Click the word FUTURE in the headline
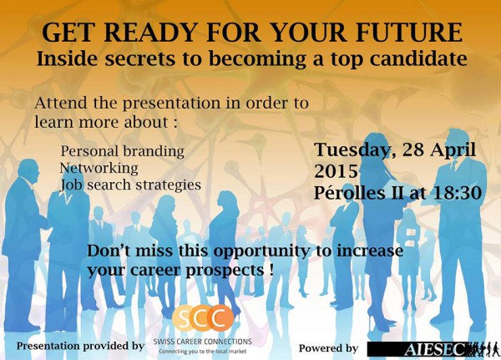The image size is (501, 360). (409, 33)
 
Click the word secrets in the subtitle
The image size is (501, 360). (140, 58)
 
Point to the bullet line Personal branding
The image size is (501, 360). (123, 151)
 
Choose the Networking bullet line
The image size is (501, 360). (99, 168)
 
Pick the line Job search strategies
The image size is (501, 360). (131, 185)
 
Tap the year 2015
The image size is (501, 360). (336, 171)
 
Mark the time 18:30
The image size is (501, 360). (458, 193)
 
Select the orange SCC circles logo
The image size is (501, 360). (203, 317)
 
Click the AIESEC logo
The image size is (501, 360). (433, 349)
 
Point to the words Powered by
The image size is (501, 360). (328, 348)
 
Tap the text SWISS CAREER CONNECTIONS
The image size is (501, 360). (203, 342)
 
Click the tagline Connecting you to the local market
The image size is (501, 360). (203, 352)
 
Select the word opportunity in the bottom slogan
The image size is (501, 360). (261, 251)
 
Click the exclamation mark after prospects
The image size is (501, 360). (271, 270)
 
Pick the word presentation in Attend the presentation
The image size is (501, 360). (171, 104)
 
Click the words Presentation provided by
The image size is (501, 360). (80, 347)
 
